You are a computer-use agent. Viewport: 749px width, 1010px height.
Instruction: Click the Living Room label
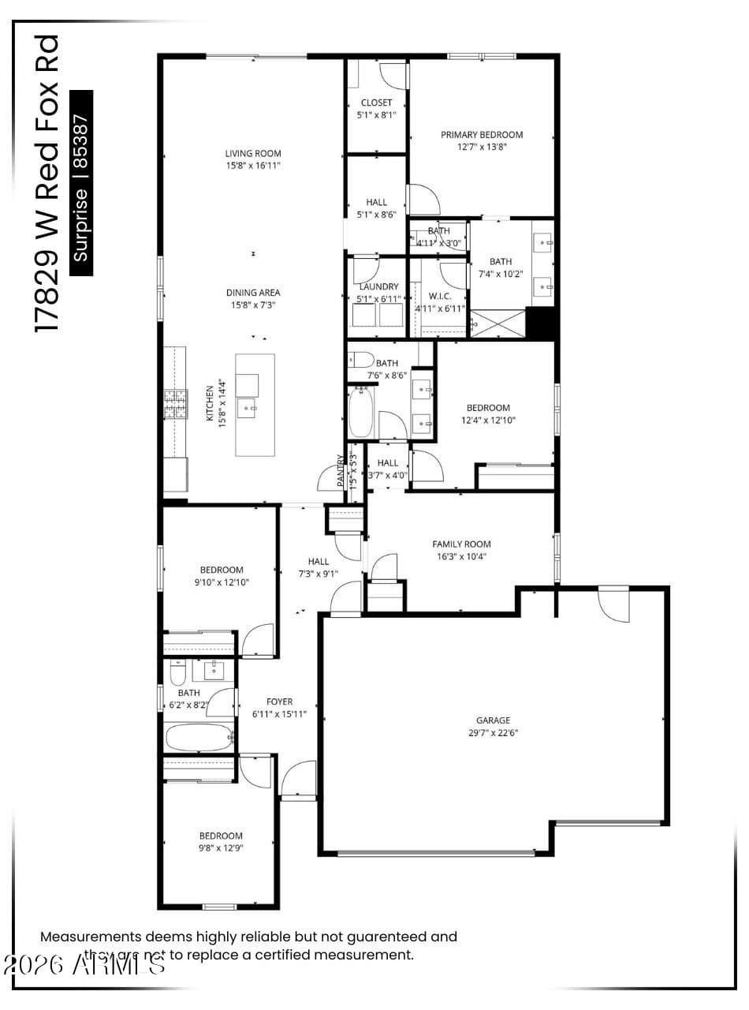252,153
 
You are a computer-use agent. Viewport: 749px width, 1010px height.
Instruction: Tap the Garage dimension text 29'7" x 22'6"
493,732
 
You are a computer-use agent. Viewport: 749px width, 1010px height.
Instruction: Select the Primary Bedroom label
481,134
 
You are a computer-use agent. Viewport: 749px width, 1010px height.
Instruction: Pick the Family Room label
461,544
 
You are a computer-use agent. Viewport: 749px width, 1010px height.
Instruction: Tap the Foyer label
279,701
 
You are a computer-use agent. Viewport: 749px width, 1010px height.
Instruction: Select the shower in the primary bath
497,324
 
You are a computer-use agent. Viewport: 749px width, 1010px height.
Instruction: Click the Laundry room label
377,286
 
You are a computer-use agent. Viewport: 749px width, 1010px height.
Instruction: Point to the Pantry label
341,470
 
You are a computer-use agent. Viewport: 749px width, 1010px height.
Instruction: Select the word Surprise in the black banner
81,226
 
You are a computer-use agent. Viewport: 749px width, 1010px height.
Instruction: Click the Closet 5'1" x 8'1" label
376,103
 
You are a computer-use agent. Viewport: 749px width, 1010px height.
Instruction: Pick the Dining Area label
253,293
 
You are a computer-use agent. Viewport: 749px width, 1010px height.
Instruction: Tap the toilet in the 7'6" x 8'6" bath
360,360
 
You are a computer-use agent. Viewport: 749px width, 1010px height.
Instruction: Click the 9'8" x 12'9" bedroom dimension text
221,848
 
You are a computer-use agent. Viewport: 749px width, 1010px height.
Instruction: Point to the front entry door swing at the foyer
298,780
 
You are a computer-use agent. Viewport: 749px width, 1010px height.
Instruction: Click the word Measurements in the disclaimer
91,937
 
